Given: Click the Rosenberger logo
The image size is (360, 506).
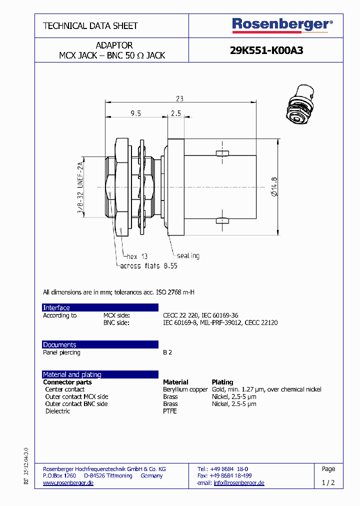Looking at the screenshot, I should [x=282, y=24].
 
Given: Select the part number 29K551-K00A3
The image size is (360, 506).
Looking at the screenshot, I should [x=266, y=50].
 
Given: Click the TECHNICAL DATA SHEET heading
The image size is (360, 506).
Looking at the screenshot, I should [x=90, y=26].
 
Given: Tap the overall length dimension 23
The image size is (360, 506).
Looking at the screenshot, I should [x=180, y=98].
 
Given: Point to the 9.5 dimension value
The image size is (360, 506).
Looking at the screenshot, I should [x=135, y=113].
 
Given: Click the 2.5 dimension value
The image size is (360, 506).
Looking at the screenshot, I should [x=175, y=113].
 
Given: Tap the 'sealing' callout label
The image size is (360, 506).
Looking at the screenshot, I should [x=188, y=256].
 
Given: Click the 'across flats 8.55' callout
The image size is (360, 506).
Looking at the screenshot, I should [x=148, y=266].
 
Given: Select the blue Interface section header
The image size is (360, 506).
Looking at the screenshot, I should [x=56, y=307].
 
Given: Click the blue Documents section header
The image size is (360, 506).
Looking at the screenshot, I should [x=59, y=344].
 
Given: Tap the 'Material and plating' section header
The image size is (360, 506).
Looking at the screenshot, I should [x=72, y=374].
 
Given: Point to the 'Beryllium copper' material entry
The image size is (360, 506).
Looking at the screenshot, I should [x=185, y=389].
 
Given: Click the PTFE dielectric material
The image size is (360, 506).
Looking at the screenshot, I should [x=170, y=411].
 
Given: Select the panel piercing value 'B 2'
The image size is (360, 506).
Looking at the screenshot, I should [x=167, y=352].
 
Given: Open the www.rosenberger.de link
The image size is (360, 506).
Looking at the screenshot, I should [x=68, y=483].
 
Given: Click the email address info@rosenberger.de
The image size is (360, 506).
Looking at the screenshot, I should [x=239, y=483].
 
